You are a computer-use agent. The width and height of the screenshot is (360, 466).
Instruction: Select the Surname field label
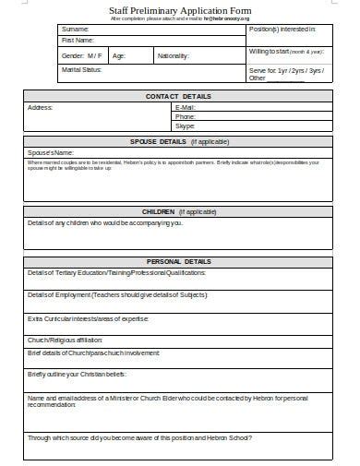[76, 29]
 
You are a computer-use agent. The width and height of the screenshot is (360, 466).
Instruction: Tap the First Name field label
[78, 41]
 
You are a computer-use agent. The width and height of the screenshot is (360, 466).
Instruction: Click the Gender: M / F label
[81, 55]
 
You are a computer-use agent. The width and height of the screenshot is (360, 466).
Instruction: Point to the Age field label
[119, 55]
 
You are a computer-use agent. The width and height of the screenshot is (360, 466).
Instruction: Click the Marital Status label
[81, 69]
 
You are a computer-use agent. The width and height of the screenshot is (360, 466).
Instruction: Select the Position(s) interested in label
[288, 30]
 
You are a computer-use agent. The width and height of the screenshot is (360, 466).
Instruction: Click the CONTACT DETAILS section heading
[178, 96]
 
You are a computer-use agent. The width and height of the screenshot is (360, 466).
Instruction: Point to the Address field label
[41, 107]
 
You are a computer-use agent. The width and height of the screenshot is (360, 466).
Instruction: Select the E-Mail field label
[186, 108]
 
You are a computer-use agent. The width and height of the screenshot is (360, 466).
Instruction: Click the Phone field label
[186, 117]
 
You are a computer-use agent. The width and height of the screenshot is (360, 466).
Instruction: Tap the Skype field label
[186, 126]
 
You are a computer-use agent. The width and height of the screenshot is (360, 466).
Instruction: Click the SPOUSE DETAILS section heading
[178, 141]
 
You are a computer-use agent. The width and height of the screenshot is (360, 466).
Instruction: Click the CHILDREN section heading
[178, 211]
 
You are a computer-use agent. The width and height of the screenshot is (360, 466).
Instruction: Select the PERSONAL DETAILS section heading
[178, 261]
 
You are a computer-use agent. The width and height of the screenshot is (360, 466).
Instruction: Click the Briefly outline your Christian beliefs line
[77, 374]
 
